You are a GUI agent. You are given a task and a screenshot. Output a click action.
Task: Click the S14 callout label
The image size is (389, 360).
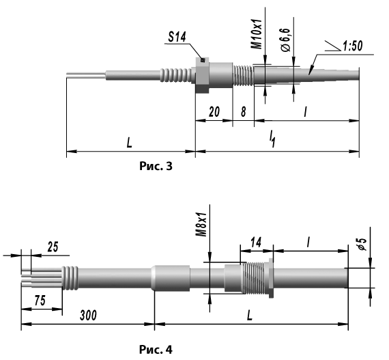click(177, 38)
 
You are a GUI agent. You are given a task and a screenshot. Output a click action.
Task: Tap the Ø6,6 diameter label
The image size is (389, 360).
click(286, 40)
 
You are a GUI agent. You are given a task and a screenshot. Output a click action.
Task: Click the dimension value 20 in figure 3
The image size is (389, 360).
click(214, 112)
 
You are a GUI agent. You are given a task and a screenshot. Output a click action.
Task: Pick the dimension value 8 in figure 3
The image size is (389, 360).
click(244, 112)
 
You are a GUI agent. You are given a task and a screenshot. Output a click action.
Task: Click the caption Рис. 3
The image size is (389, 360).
click(156, 166)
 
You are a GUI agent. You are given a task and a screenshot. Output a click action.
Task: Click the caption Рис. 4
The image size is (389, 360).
click(156, 350)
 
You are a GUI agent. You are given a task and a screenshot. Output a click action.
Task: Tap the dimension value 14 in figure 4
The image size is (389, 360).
click(256, 242)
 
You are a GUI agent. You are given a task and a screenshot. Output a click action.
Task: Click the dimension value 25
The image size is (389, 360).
click(53, 247)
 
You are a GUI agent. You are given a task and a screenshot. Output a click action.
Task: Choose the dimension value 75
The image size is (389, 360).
click(40, 301)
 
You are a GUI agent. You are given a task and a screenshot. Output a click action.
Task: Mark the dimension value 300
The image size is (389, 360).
click(88, 316)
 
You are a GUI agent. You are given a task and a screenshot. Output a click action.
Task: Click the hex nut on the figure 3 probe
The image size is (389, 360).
click(202, 74)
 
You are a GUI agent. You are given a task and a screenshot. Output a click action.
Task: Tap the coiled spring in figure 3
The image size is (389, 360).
click(176, 75)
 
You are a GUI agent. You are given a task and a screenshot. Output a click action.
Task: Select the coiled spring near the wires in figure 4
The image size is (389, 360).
click(70, 278)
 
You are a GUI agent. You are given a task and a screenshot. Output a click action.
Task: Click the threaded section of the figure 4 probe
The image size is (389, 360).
click(254, 277)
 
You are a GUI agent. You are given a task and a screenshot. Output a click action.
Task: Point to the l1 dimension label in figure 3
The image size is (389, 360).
click(272, 139)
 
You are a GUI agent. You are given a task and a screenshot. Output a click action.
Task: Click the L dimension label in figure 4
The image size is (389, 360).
click(250, 316)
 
